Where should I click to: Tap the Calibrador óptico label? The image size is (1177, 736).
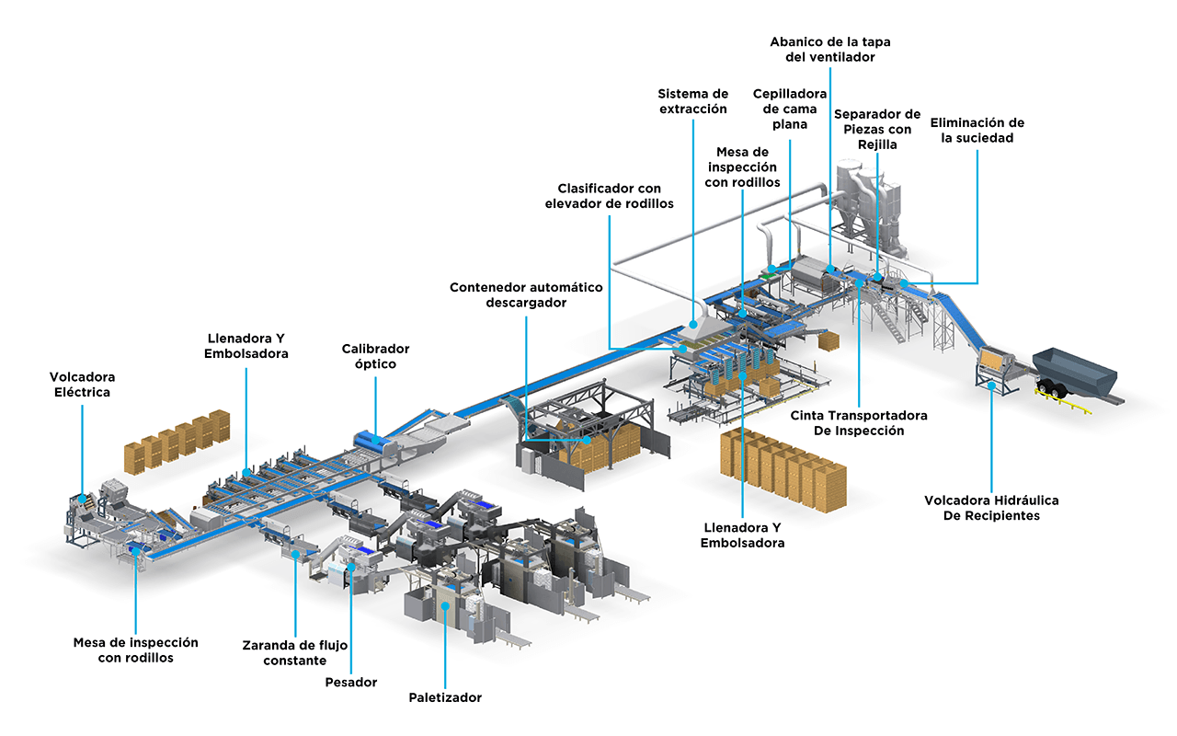pos(375,356)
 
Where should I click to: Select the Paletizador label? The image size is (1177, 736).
pos(445,697)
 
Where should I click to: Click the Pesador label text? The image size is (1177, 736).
pos(351,682)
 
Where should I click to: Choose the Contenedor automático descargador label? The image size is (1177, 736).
pos(526,294)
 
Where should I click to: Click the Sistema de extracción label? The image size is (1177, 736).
pos(693,101)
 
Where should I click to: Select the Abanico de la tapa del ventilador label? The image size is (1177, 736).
pos(830,49)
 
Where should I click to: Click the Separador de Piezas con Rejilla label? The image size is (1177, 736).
pos(876,129)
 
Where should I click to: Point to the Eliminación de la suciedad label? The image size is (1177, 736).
pos(977,130)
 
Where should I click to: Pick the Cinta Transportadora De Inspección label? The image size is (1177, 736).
pos(859,422)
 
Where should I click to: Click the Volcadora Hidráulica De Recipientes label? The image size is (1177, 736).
pos(991,508)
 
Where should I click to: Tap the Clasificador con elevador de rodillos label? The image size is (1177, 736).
pos(609,196)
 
